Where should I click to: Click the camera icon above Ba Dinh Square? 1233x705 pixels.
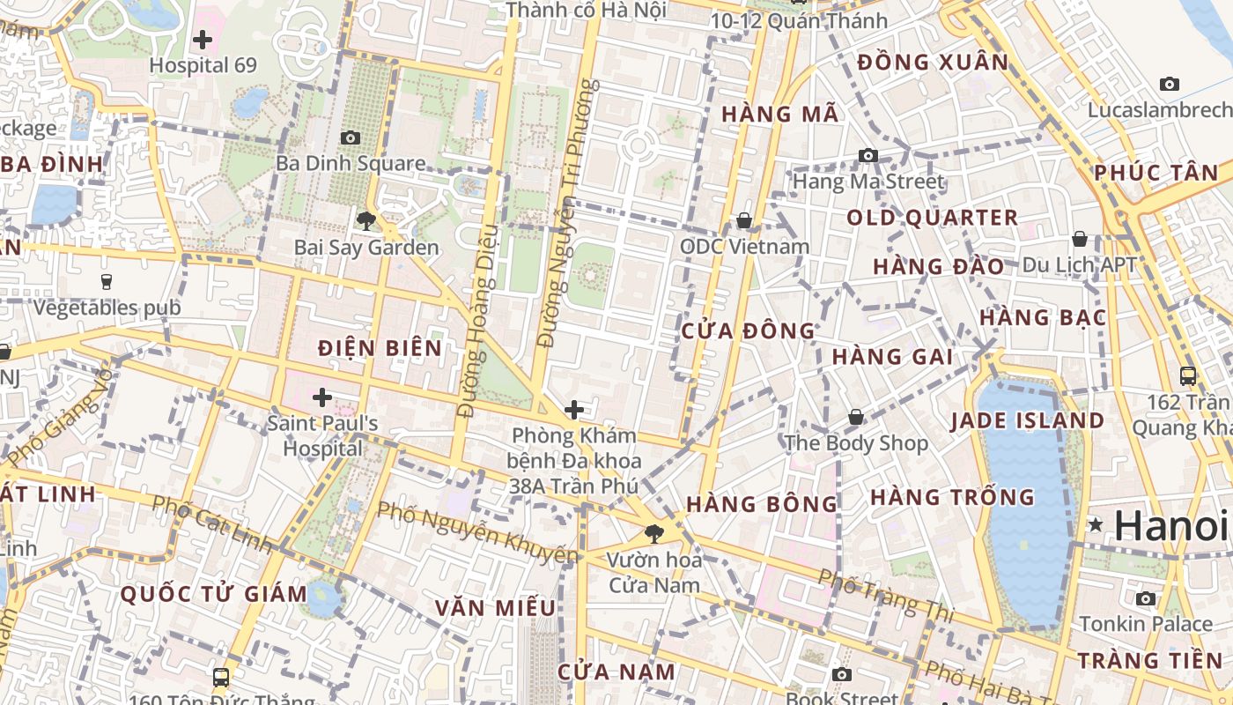click(351, 137)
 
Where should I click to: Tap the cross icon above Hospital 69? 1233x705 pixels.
click(203, 40)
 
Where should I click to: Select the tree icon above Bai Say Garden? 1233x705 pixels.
click(366, 220)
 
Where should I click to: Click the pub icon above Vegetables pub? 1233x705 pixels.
click(107, 281)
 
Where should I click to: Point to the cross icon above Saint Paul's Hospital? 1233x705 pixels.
click(322, 397)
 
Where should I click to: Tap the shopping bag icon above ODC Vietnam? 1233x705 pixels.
click(744, 220)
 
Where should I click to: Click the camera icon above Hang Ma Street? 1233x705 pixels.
click(868, 155)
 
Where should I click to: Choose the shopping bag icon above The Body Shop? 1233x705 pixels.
click(856, 417)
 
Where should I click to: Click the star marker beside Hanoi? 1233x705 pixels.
click(1096, 525)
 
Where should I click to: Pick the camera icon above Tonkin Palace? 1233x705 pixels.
click(1146, 598)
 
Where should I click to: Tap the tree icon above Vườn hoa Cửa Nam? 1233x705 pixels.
click(654, 532)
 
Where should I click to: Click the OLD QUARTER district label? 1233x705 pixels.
click(933, 218)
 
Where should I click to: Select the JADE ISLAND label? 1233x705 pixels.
click(1027, 420)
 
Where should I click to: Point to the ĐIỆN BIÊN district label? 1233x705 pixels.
click(380, 348)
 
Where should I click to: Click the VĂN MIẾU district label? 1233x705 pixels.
click(496, 608)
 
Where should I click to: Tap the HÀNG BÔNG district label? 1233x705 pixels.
click(762, 504)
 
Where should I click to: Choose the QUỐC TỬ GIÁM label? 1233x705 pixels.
click(214, 593)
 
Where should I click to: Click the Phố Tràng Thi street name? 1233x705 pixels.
click(880, 596)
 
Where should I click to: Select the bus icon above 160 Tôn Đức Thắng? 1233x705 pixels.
click(221, 677)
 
